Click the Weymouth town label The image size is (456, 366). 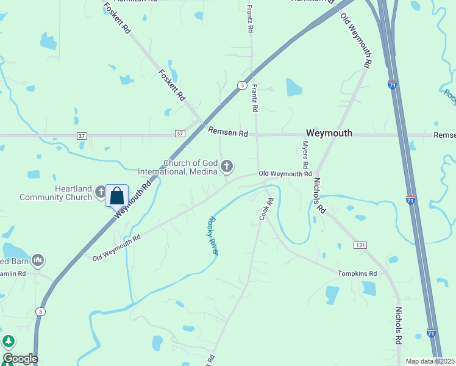329,133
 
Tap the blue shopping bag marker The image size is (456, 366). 117,196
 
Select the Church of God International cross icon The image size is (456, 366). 227,166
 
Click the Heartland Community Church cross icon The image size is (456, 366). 101,193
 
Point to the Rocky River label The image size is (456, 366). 213,235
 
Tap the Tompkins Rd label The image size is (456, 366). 358,274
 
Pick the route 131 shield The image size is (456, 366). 360,245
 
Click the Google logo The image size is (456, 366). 20,359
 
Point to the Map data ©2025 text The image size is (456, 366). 430,361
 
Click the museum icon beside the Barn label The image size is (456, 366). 38,260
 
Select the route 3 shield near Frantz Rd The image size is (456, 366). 242,85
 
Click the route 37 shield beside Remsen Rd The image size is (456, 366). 179,134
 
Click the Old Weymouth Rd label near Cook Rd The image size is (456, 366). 285,174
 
